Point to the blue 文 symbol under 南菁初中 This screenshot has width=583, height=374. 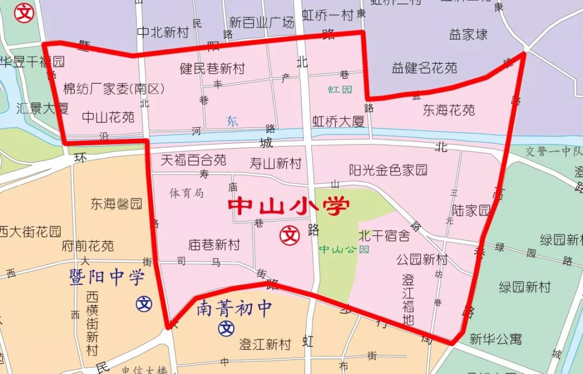point(226,328)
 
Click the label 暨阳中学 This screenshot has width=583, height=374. point(107,278)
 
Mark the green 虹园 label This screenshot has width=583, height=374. point(340,89)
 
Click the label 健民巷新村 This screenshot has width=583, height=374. point(212,69)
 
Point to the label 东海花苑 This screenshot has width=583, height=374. point(449,110)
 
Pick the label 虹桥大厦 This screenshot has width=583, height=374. point(338,122)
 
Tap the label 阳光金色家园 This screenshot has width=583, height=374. point(388,170)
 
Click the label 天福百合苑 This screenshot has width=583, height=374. point(194,160)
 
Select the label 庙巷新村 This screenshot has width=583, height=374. point(214,245)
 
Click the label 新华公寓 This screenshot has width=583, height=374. point(496,339)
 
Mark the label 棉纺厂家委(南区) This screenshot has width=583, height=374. point(114,89)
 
